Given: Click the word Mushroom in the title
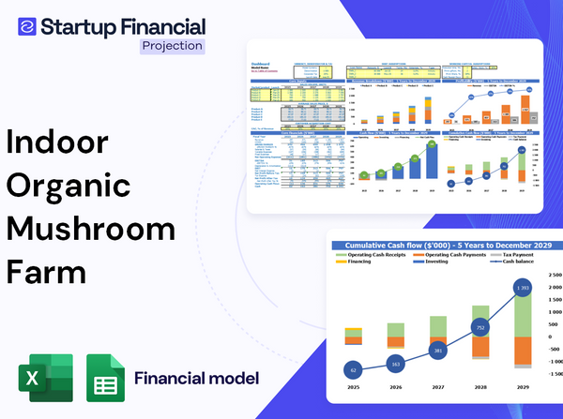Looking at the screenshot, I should pos(90,231).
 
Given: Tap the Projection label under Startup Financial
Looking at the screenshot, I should pos(171,46).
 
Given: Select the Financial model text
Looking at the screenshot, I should pos(196,379).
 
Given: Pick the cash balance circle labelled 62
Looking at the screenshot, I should pos(353,371).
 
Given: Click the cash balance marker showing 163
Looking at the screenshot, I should pos(395,364).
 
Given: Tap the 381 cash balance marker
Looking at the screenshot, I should pos(438,352).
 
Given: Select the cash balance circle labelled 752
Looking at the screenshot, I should pos(480,329).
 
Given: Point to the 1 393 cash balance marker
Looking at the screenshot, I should pos(523,287).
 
